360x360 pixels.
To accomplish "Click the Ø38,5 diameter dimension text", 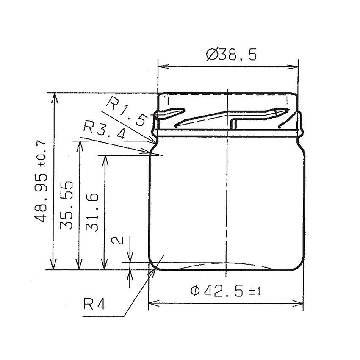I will click(x=231, y=54).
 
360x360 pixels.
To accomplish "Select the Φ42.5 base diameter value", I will click(x=216, y=291).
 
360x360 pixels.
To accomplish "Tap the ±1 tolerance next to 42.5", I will click(x=253, y=291).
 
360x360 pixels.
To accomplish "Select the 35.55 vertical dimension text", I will click(x=67, y=205).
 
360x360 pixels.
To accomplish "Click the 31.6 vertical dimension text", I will click(x=92, y=212).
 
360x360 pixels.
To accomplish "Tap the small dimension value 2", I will click(x=117, y=241).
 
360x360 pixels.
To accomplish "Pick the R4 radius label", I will click(x=94, y=305).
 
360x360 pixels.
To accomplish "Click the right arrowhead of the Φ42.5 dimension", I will click(x=299, y=303).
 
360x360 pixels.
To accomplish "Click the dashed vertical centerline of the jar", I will click(x=227, y=191).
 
